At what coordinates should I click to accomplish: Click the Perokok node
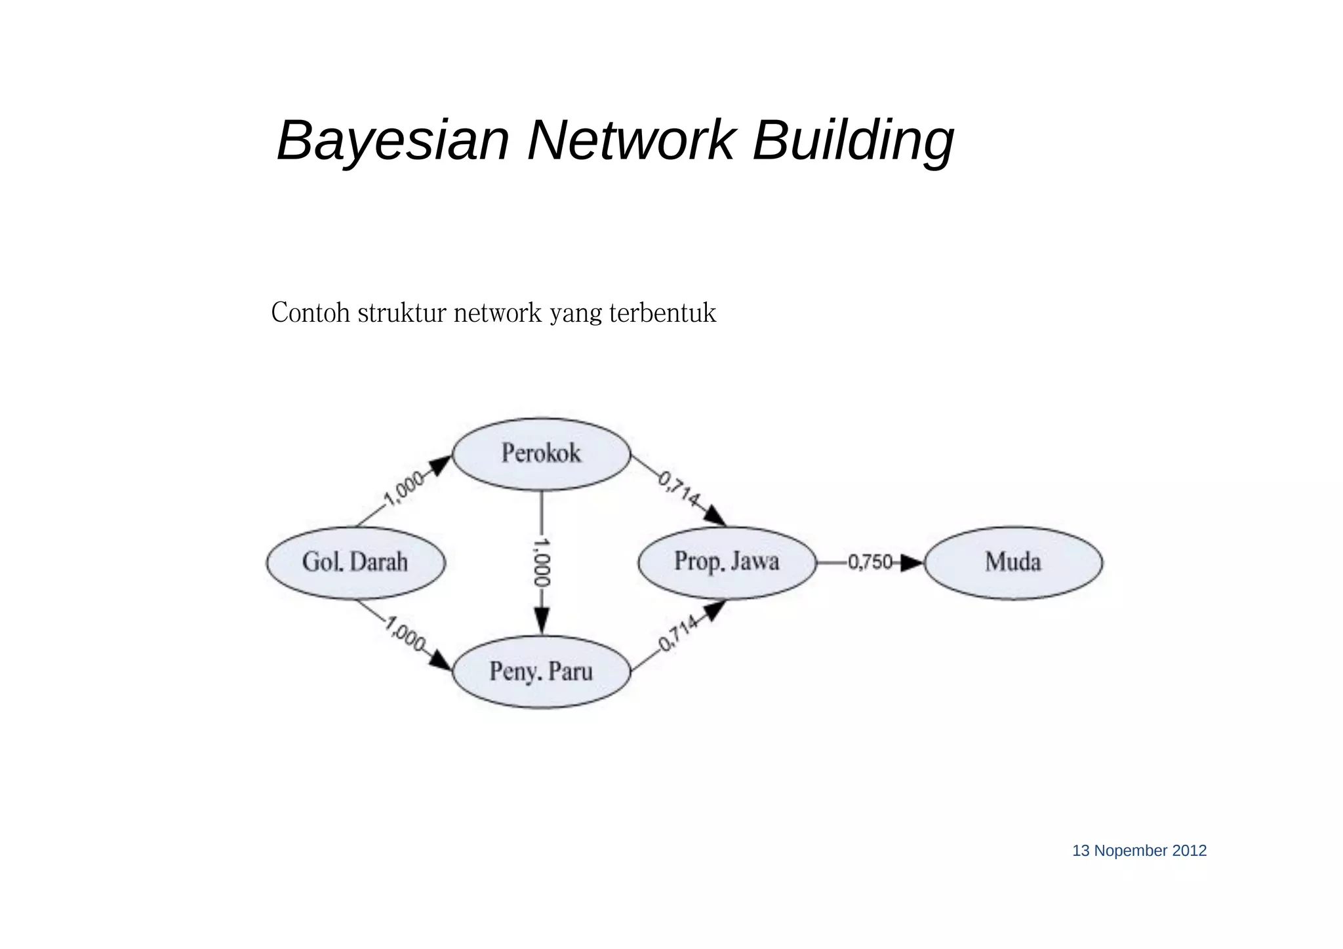coord(541,454)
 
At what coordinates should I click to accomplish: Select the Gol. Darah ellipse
coord(355,562)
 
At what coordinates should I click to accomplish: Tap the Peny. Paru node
coord(541,672)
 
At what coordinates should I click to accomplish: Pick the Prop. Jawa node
coord(727,562)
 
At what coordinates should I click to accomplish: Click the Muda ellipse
coord(1013,562)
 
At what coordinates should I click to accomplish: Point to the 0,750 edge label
coord(870,562)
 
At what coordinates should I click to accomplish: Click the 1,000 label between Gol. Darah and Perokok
coord(403,490)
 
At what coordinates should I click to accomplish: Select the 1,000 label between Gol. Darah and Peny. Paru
coord(405,634)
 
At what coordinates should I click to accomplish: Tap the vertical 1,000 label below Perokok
coord(542,562)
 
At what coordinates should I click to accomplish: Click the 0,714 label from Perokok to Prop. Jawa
coord(679,489)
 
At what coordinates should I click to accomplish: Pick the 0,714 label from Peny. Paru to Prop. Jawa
coord(678,634)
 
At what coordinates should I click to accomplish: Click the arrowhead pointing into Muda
coord(912,563)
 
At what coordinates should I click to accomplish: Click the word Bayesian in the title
coord(393,140)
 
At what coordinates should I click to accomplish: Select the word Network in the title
coord(630,140)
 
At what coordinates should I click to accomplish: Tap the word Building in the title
coord(852,140)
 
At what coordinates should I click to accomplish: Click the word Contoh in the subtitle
coord(311,313)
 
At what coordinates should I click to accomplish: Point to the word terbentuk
coord(662,313)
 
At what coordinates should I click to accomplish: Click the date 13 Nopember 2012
coord(1139,851)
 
